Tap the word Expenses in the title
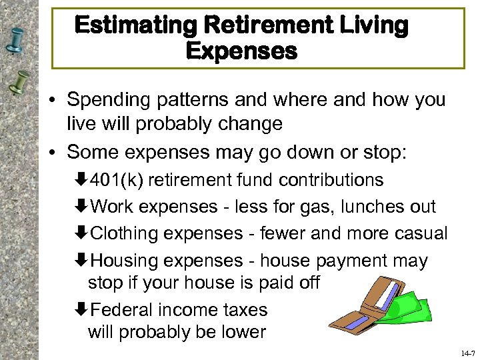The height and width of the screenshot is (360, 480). (241, 51)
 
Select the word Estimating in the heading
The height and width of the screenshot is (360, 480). (133, 26)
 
